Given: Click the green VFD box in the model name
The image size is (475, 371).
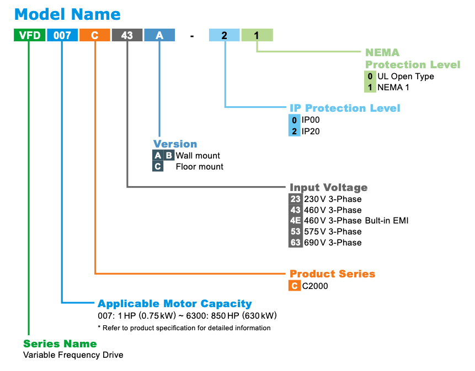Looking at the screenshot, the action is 29,35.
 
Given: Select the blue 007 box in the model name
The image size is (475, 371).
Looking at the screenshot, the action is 62,35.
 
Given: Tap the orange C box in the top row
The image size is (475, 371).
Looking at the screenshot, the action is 94,35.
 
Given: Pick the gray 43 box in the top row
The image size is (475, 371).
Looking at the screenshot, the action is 127,35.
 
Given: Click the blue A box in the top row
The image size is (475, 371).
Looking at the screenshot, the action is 159,35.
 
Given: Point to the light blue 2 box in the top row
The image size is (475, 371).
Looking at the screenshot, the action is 224,35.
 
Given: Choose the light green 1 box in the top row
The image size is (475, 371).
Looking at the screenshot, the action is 257,35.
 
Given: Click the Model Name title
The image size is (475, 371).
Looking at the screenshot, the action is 67,14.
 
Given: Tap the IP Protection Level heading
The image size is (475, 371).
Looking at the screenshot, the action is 345,108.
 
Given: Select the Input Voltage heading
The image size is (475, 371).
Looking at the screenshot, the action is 328,188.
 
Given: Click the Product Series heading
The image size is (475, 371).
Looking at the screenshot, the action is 332,274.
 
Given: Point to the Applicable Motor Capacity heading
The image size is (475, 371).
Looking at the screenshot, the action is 175,304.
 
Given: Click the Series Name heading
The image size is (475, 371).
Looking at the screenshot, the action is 60,344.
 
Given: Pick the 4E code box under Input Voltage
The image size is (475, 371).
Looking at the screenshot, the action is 295,221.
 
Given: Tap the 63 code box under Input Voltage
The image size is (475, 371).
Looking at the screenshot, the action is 295,243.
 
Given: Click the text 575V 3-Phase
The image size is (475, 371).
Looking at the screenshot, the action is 333,232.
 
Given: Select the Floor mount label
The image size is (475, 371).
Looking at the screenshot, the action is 199,167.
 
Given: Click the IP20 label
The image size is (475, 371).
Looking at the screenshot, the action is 311,131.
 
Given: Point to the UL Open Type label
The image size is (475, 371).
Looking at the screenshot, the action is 405,77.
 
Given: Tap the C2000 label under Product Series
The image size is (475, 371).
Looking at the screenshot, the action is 315,286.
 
